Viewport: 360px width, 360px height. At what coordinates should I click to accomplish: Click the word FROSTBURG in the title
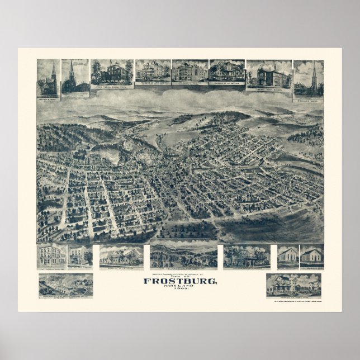pyautogui.click(x=179, y=281)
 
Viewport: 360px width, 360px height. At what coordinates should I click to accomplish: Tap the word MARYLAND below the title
pyautogui.click(x=179, y=288)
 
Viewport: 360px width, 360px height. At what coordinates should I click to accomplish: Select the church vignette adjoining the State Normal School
pyautogui.click(x=75, y=77)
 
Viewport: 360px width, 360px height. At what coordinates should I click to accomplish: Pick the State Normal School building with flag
pyautogui.click(x=111, y=73)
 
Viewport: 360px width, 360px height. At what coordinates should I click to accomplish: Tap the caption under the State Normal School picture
pyautogui.click(x=111, y=88)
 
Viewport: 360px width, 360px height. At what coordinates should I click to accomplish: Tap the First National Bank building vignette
pyautogui.click(x=51, y=256)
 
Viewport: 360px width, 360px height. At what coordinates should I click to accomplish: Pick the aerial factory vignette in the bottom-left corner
pyautogui.click(x=65, y=285)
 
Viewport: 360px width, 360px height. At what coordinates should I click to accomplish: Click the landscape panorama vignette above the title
pyautogui.click(x=183, y=256)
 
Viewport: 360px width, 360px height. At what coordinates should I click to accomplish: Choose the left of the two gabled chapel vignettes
pyautogui.click(x=287, y=255)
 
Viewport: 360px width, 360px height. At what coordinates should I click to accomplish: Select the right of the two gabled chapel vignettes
pyautogui.click(x=311, y=255)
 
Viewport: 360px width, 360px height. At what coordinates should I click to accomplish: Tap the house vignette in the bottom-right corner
pyautogui.click(x=293, y=285)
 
